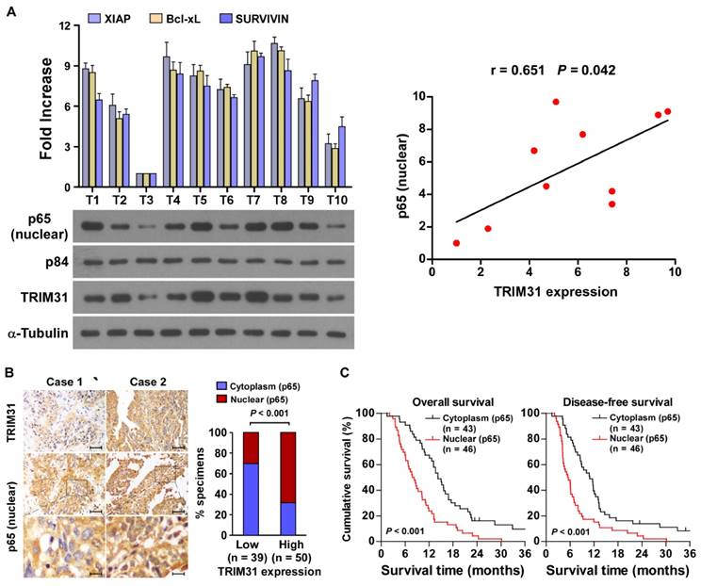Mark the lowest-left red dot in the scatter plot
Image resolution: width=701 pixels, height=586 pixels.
tap(456, 243)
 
